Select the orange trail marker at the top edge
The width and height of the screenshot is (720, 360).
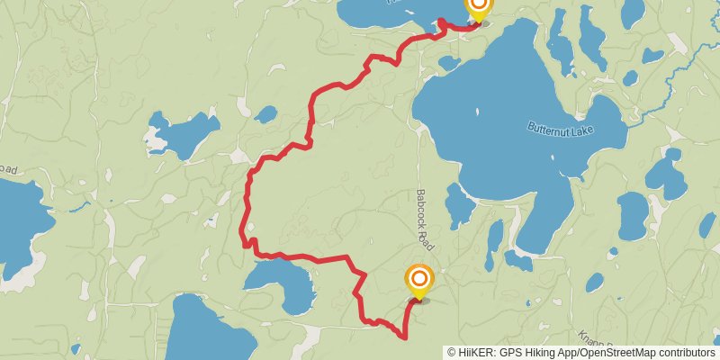tap(478, 6)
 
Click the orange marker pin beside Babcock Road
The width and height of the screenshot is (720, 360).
tap(419, 282)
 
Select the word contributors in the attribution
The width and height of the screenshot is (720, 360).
tap(686, 353)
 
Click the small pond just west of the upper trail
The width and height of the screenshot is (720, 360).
tap(265, 114)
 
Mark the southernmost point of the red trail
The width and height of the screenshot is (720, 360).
tap(401, 337)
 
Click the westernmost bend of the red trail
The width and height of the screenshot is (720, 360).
tap(243, 236)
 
